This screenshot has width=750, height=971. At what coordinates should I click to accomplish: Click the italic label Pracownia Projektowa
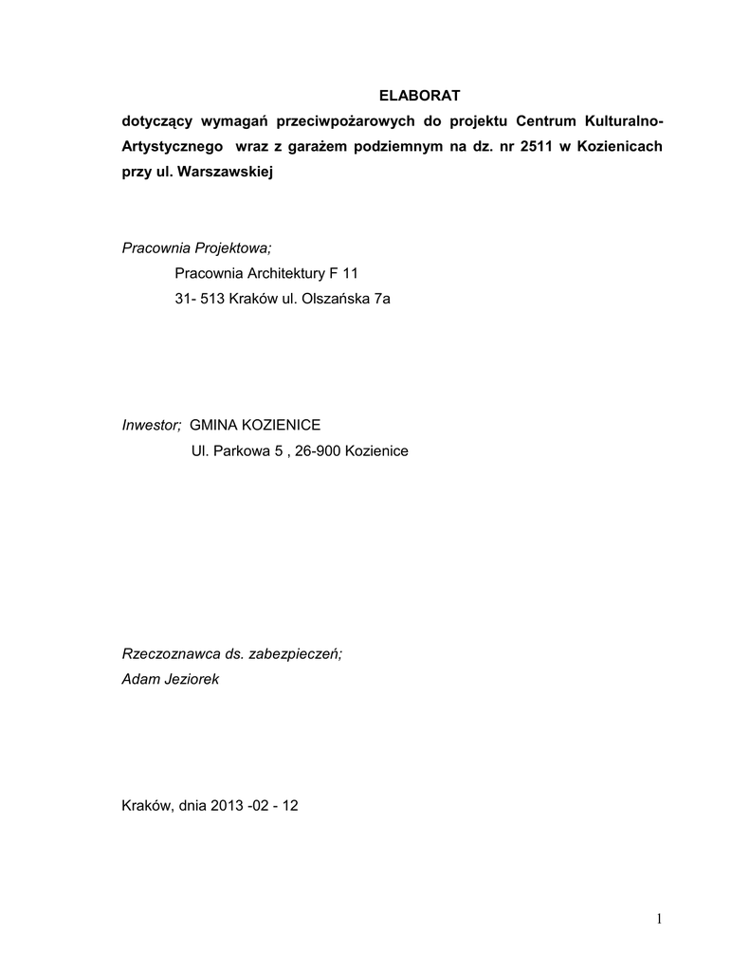pyautogui.click(x=196, y=248)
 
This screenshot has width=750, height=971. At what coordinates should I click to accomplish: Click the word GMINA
pyautogui.click(x=215, y=425)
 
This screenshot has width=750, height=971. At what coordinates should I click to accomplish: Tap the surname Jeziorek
pyautogui.click(x=190, y=679)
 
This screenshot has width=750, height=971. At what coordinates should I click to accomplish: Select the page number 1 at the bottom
pyautogui.click(x=657, y=917)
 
